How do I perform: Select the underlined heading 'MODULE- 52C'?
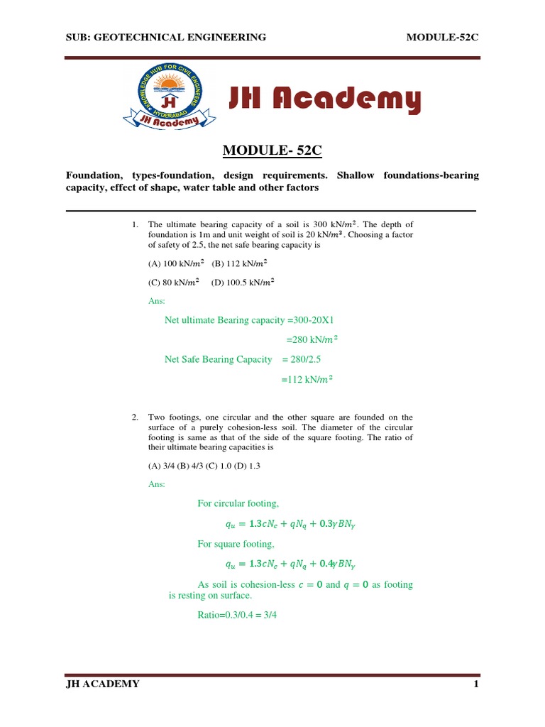click(x=272, y=150)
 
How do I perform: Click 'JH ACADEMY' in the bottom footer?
click(x=103, y=684)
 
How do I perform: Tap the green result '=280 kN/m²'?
click(x=312, y=339)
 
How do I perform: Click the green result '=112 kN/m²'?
click(x=307, y=379)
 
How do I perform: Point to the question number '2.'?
click(x=136, y=417)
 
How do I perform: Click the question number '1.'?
click(x=136, y=224)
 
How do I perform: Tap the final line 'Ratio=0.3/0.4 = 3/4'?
click(x=236, y=614)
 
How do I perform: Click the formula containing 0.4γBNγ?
click(x=291, y=564)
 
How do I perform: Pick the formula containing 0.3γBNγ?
click(x=291, y=524)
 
